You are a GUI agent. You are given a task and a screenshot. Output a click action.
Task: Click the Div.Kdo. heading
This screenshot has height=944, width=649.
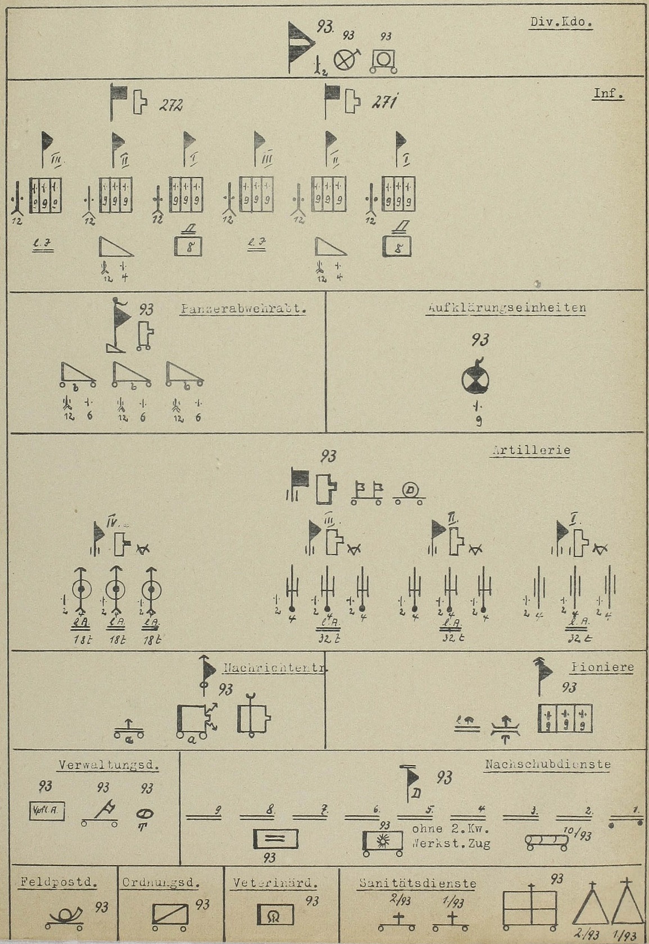pyautogui.click(x=561, y=24)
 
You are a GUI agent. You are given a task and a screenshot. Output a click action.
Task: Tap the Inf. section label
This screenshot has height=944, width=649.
pyautogui.click(x=609, y=94)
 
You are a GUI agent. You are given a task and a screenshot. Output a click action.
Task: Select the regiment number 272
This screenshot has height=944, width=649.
pyautogui.click(x=171, y=105)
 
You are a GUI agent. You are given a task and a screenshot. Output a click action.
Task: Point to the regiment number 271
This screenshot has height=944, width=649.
pyautogui.click(x=385, y=103)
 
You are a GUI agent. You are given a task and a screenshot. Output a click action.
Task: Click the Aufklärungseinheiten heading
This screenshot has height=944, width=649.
pyautogui.click(x=506, y=308)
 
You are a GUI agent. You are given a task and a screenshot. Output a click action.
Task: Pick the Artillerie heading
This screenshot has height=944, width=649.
pyautogui.click(x=531, y=450)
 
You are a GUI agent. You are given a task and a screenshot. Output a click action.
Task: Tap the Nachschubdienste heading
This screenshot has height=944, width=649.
pyautogui.click(x=547, y=765)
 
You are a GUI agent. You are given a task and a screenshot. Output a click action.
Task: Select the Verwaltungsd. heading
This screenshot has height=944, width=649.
pyautogui.click(x=108, y=765)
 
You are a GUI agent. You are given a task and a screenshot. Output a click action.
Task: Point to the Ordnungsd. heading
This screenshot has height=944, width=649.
pyautogui.click(x=161, y=883)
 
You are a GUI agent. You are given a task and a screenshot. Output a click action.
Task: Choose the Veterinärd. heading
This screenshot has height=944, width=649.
pyautogui.click(x=275, y=883)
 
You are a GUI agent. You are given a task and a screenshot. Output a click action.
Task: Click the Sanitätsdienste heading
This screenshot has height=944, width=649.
pyautogui.click(x=417, y=883)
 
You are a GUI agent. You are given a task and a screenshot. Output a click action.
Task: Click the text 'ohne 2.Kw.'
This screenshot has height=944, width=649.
pyautogui.click(x=451, y=829)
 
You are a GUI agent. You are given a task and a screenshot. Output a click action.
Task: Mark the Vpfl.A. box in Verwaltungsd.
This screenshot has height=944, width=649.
pyautogui.click(x=47, y=811)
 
